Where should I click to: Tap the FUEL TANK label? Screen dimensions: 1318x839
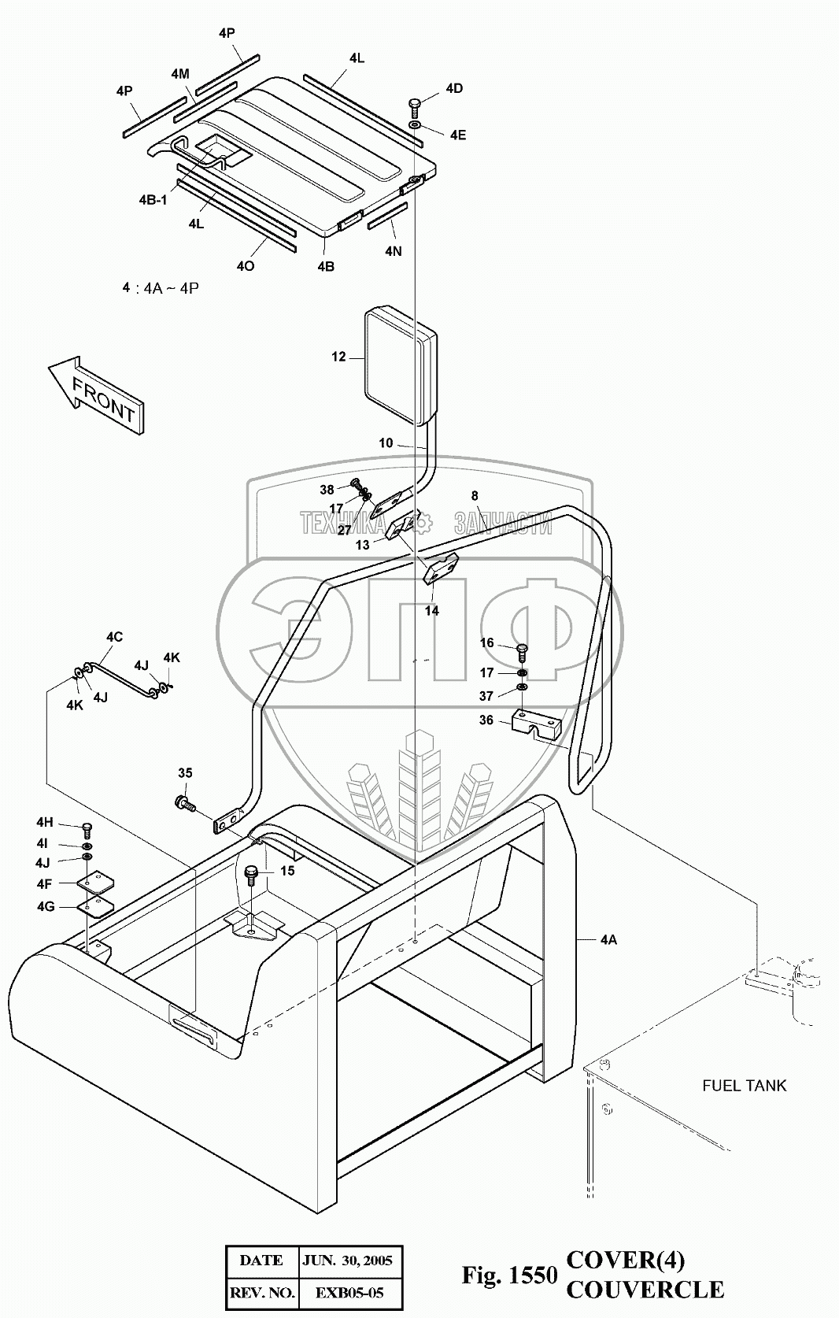[x=744, y=1086]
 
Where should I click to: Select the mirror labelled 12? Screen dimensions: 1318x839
[x=401, y=363]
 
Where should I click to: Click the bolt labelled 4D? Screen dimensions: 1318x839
[x=415, y=106]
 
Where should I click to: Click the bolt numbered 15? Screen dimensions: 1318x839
[x=252, y=874]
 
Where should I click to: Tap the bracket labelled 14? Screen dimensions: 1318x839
[x=441, y=569]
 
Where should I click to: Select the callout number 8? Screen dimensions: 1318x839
[x=475, y=495]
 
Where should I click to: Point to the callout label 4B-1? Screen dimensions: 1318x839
[x=153, y=200]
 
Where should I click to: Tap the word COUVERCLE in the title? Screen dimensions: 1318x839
[x=645, y=1290]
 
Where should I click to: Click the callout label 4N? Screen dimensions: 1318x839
[x=394, y=251]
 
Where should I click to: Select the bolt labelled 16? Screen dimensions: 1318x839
[x=522, y=651]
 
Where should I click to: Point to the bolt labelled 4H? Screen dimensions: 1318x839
[x=87, y=828]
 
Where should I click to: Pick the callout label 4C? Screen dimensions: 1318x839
[x=114, y=636]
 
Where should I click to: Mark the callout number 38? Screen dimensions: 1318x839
[x=327, y=489]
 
